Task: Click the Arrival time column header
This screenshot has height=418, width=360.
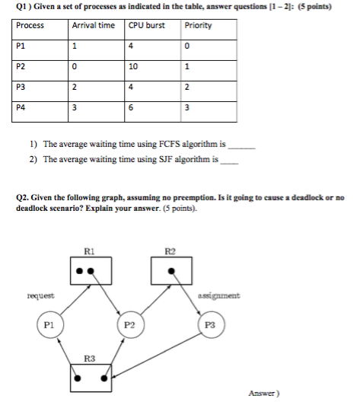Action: click(93, 25)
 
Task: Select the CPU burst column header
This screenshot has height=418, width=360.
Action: click(146, 25)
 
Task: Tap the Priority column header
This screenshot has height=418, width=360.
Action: click(198, 25)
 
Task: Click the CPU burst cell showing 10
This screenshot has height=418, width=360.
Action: click(135, 66)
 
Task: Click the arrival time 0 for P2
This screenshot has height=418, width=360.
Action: click(73, 66)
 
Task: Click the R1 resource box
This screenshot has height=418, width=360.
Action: click(91, 270)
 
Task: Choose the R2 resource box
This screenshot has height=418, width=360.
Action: click(170, 270)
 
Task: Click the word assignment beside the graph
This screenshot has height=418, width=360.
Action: click(219, 295)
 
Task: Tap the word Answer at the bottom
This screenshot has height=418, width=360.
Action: click(263, 394)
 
